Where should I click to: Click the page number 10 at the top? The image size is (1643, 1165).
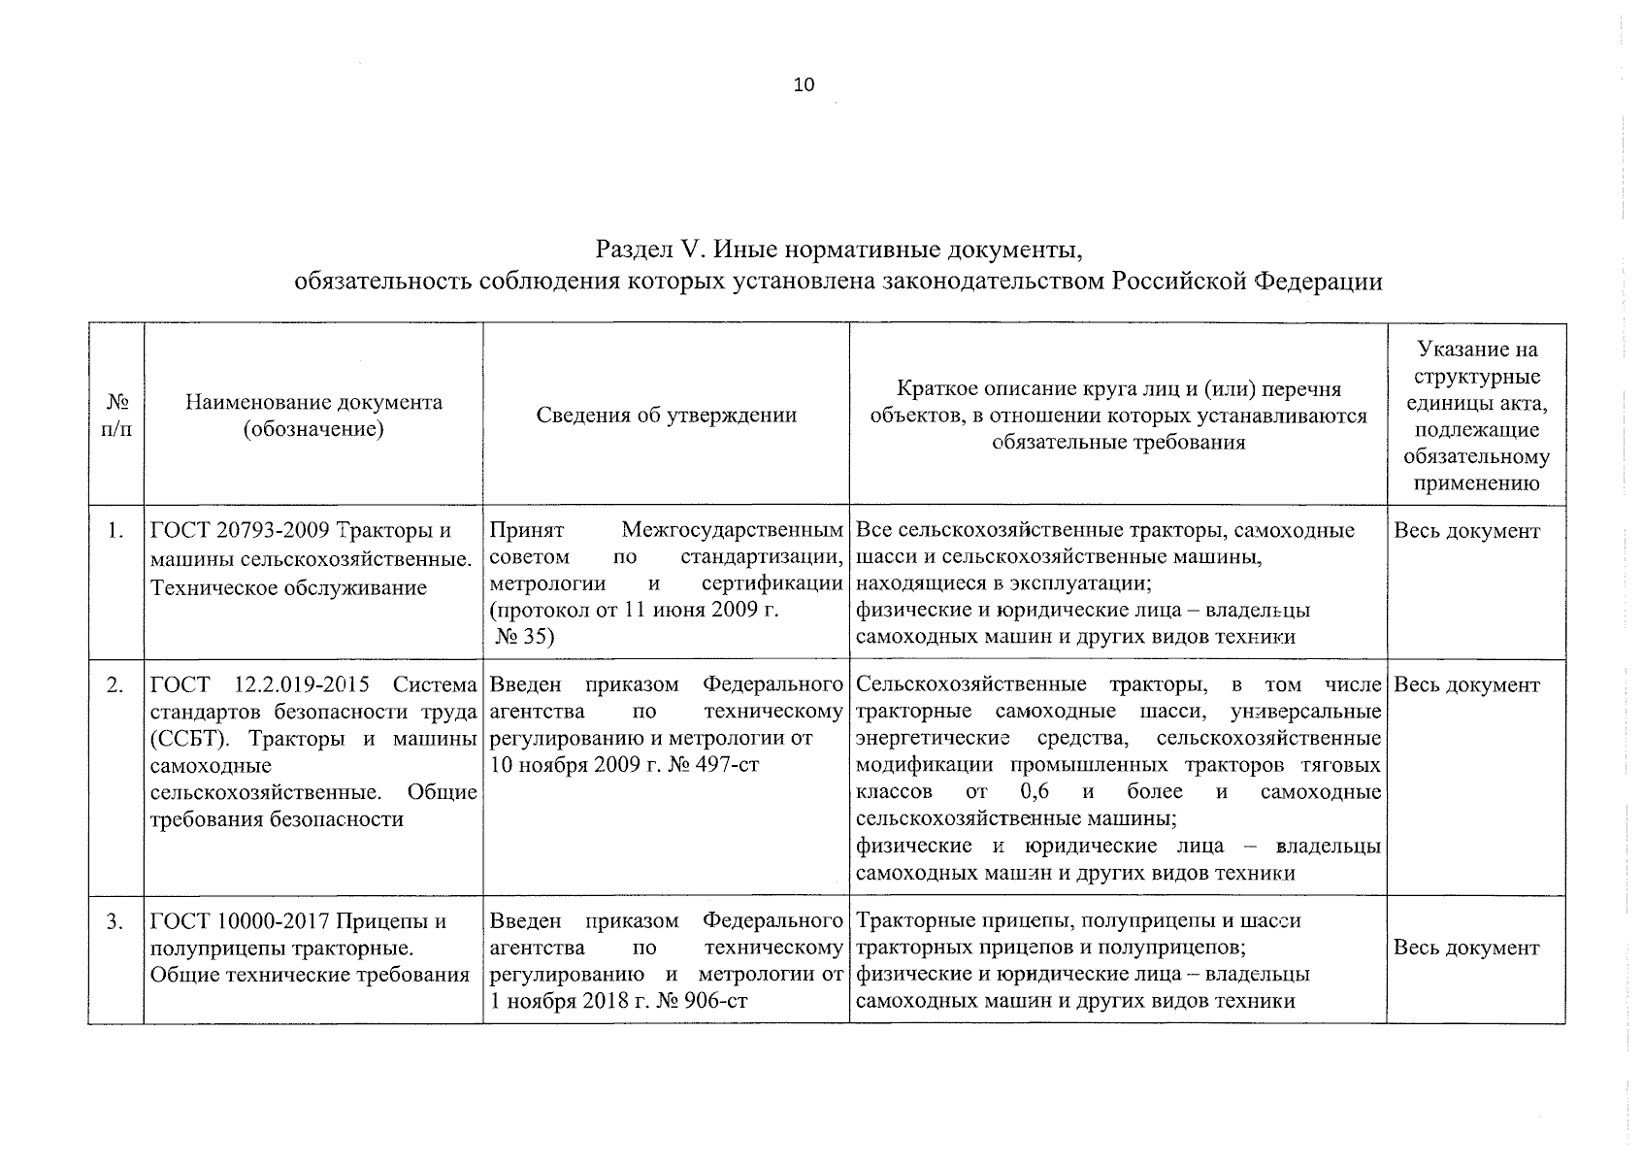805,84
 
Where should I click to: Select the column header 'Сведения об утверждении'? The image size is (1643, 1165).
666,416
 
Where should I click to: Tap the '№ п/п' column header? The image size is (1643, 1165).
116,415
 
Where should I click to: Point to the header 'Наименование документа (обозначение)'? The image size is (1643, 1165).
313,416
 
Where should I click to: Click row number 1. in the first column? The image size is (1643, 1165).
115,531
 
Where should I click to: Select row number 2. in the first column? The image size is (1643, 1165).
115,685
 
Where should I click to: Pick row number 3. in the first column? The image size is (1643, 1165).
115,921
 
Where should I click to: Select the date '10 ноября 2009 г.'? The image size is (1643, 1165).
575,765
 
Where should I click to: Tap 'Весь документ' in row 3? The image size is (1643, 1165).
1466,948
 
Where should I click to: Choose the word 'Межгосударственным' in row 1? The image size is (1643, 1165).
732,532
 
